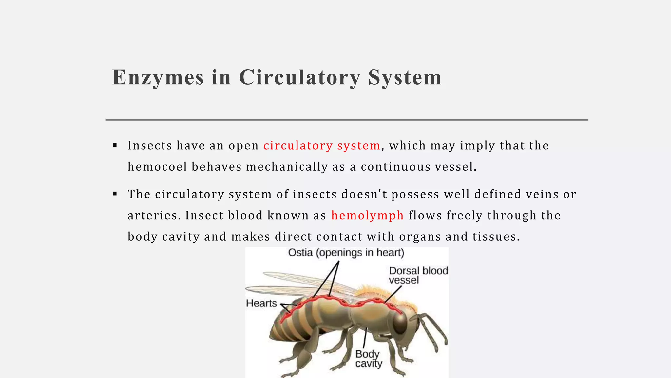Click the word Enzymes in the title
(158, 78)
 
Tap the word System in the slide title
(405, 78)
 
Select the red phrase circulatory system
(322, 145)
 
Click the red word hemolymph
(367, 215)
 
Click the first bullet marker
(115, 145)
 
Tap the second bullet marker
(115, 194)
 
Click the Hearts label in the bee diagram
(261, 303)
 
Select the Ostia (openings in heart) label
(346, 253)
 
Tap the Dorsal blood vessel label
(418, 275)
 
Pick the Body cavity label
(368, 359)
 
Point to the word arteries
(154, 215)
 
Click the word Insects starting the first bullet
(150, 145)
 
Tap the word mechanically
(287, 167)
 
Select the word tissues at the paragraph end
(496, 236)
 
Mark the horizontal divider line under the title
(347, 120)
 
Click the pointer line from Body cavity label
(365, 338)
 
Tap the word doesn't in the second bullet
(364, 194)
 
